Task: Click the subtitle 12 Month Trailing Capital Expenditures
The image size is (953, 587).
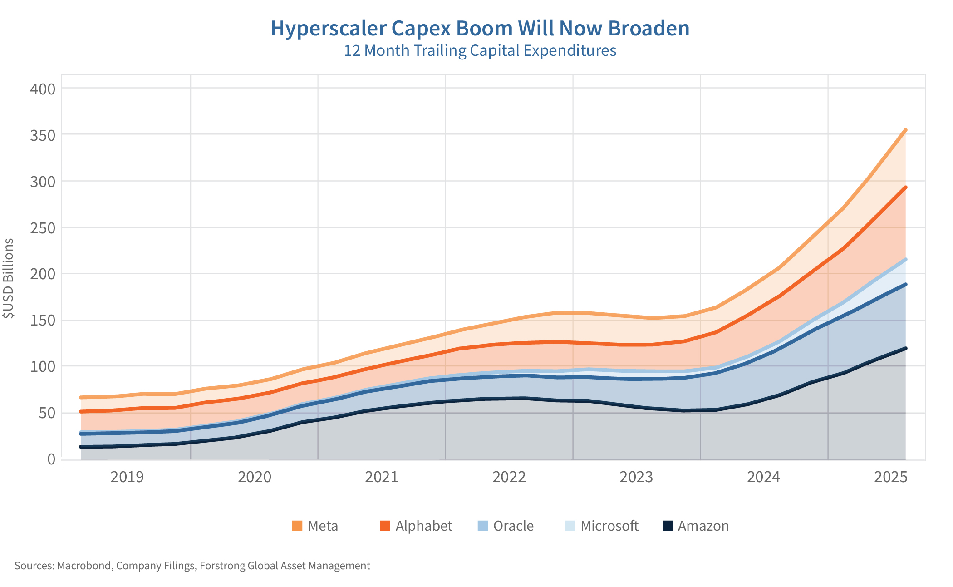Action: tap(480, 50)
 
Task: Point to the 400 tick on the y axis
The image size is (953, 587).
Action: tap(43, 89)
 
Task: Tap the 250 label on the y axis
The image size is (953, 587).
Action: tap(43, 227)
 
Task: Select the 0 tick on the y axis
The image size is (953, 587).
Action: tap(51, 459)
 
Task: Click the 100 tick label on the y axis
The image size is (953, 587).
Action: tap(43, 366)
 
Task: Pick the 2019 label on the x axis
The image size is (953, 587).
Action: tap(127, 477)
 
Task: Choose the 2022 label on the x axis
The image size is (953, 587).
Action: tap(509, 477)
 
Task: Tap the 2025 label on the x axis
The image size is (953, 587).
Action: tap(891, 477)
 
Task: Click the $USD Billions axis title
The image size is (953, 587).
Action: tap(8, 278)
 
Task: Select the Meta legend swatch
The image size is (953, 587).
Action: tap(297, 526)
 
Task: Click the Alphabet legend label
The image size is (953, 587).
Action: tap(424, 526)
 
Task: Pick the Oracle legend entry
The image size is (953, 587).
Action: tap(513, 526)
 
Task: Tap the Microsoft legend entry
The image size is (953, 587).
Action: tap(609, 526)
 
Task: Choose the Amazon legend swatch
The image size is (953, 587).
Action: tap(667, 526)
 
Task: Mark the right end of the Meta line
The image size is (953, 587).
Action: tap(906, 130)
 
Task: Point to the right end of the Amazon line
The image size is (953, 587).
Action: tap(906, 348)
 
